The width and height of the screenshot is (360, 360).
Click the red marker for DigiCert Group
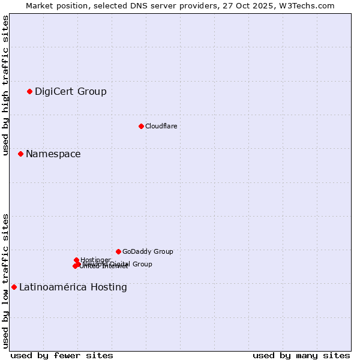click(29, 91)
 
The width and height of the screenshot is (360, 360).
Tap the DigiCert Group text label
click(70, 92)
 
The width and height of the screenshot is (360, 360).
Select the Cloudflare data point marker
click(141, 126)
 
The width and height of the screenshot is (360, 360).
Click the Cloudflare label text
click(161, 126)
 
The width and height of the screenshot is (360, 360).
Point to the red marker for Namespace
click(20, 154)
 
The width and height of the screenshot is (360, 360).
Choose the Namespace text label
click(53, 154)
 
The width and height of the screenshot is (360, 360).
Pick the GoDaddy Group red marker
click(118, 251)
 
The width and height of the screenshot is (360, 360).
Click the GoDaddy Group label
click(148, 252)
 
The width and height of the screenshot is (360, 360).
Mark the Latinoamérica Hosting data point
click(14, 287)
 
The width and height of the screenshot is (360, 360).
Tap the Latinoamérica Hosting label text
click(73, 287)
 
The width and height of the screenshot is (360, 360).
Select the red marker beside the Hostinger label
click(76, 260)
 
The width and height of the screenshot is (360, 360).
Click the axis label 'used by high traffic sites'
click(6, 85)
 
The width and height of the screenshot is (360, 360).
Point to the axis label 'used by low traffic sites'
click(6, 281)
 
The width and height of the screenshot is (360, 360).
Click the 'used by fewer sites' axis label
click(62, 355)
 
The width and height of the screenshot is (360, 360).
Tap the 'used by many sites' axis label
click(301, 355)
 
